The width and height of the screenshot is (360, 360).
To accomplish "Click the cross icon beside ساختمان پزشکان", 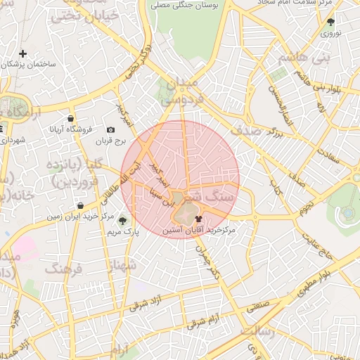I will (x=23, y=53).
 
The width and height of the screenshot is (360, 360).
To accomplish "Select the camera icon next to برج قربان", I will (x=111, y=130).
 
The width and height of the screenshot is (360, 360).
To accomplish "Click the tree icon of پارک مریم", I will (x=123, y=221).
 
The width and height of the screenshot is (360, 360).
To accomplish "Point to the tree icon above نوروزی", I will (x=330, y=22).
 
